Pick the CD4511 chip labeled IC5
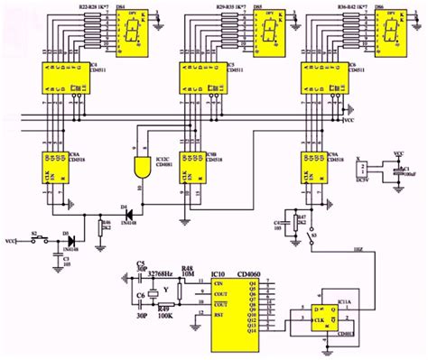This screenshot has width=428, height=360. [201, 80]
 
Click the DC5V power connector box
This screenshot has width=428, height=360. [363, 171]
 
